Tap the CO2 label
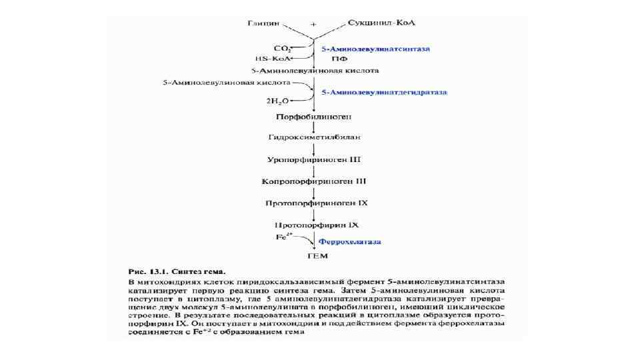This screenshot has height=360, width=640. [283, 49]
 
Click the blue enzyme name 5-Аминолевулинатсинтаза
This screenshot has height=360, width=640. [377, 49]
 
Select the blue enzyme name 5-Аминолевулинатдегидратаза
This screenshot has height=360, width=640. [384, 91]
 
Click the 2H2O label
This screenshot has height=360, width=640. [279, 102]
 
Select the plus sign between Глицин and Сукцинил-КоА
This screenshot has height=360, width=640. [313, 25]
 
